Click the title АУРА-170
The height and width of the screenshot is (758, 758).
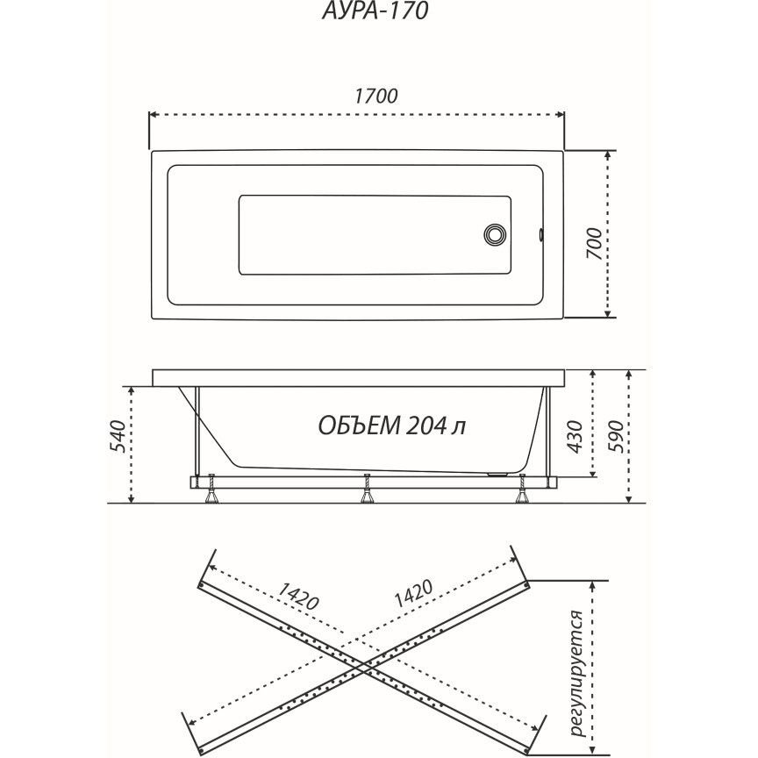pyautogui.click(x=375, y=11)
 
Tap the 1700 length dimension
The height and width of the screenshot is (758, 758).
pyautogui.click(x=376, y=97)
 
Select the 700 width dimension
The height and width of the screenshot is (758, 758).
pyautogui.click(x=595, y=243)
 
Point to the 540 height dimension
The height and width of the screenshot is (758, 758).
pyautogui.click(x=118, y=437)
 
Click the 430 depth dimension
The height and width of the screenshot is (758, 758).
pyautogui.click(x=575, y=437)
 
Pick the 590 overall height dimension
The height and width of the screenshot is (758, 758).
pyautogui.click(x=616, y=437)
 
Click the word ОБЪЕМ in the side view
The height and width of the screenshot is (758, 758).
pyautogui.click(x=359, y=425)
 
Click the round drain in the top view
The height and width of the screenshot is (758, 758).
pyautogui.click(x=495, y=234)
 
